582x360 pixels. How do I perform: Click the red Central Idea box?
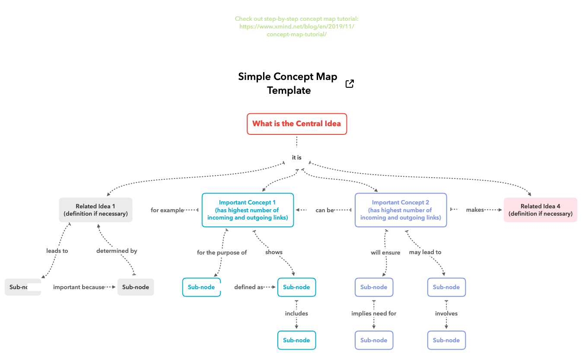pyautogui.click(x=297, y=124)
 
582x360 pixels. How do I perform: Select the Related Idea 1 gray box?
pyautogui.click(x=95, y=210)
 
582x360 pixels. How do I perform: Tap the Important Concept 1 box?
pyautogui.click(x=248, y=210)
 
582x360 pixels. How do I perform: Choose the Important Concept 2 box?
pyautogui.click(x=401, y=210)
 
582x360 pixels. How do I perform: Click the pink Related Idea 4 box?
pyautogui.click(x=540, y=210)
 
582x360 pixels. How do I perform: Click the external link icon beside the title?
pyautogui.click(x=350, y=84)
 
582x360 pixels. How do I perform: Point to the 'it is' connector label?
pyautogui.click(x=297, y=158)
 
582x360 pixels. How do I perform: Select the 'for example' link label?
pyautogui.click(x=167, y=210)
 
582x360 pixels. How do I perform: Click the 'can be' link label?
pyautogui.click(x=324, y=210)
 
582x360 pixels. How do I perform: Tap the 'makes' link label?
pyautogui.click(x=474, y=210)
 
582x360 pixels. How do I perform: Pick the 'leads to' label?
pyautogui.click(x=57, y=251)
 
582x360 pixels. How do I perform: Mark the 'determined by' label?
pyautogui.click(x=117, y=251)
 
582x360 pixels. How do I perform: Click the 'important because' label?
pyautogui.click(x=79, y=287)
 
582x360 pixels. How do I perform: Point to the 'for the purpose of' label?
pyautogui.click(x=222, y=252)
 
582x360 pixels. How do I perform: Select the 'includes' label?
pyautogui.click(x=296, y=313)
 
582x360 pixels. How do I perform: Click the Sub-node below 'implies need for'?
pyautogui.click(x=374, y=340)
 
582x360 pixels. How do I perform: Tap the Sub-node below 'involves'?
pyautogui.click(x=446, y=340)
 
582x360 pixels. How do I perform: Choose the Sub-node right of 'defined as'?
pyautogui.click(x=296, y=287)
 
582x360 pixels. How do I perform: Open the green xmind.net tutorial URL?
pyautogui.click(x=296, y=27)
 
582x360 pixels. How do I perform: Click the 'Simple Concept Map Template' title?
pyautogui.click(x=288, y=83)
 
